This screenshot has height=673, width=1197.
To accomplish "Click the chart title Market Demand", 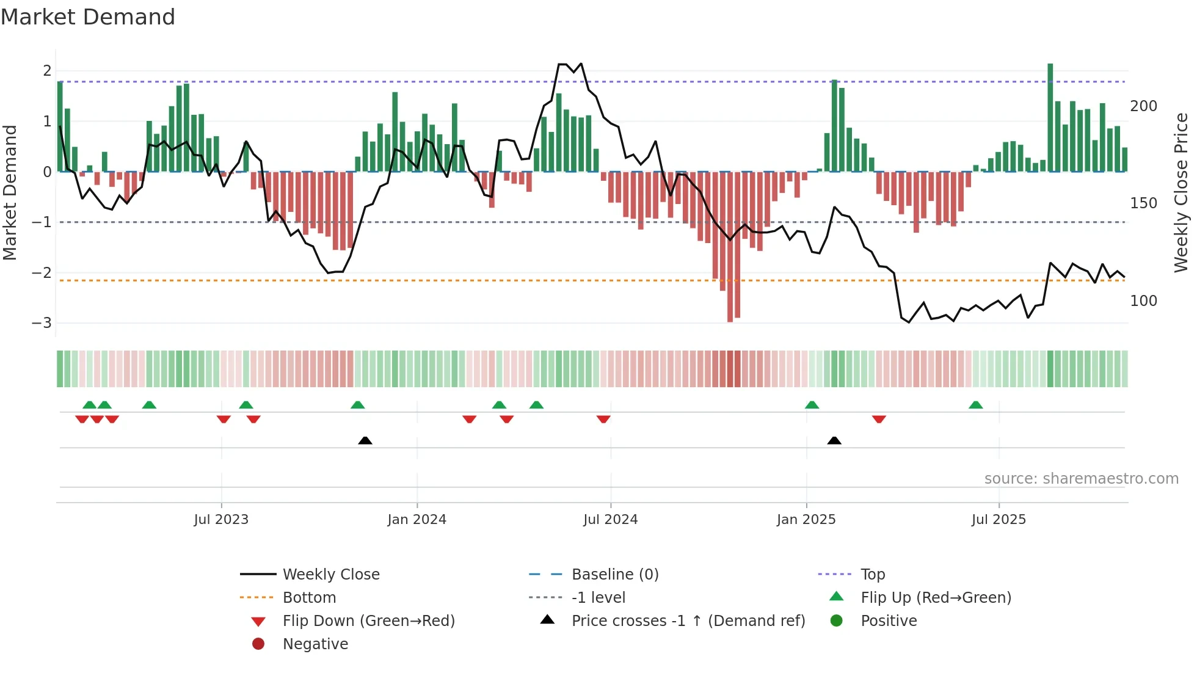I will point(88,17).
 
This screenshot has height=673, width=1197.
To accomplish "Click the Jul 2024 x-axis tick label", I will point(610,520).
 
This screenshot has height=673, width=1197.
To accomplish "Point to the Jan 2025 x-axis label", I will point(806,520).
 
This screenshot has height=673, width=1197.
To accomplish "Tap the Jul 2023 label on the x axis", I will point(221,520).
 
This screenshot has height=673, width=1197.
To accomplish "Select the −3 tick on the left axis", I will point(42,323).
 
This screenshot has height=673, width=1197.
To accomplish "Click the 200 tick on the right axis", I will point(1143,106).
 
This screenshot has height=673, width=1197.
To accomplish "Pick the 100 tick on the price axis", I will point(1143,301).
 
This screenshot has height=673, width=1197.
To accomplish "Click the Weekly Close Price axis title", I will point(1181,192).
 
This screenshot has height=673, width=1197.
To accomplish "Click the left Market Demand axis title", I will point(10,192).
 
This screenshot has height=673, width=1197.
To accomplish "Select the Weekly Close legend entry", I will point(330,575).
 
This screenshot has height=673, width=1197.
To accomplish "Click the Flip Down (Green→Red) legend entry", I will point(368,621).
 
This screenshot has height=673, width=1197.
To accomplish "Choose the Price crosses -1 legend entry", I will point(688,621).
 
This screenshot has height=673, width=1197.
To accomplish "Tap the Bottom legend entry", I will point(309,598).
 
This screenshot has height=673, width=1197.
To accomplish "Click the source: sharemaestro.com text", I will point(1081,479).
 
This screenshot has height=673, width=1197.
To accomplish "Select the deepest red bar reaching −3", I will point(730,247).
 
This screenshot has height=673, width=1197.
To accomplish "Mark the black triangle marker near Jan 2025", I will point(834,440).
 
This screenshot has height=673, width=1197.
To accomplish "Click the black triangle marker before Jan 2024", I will point(365,440).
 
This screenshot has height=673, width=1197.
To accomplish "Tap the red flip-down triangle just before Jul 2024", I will point(603,419).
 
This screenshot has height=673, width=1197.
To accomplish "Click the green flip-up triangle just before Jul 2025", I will point(976,405).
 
